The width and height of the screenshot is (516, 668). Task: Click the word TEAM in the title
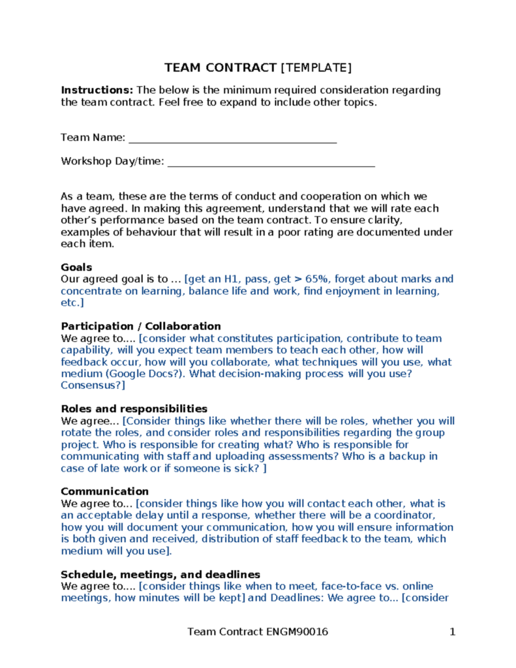[x=182, y=68]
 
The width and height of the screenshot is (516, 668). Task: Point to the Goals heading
[x=76, y=267]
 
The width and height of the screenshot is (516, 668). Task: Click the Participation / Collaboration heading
[x=140, y=326]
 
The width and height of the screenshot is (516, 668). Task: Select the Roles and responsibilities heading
[x=134, y=409]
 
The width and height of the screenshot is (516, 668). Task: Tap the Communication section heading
[x=104, y=491]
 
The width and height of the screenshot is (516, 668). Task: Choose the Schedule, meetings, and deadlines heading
[x=160, y=574]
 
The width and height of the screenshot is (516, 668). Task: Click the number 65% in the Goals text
[x=318, y=279]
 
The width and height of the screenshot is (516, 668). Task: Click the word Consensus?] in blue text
[x=92, y=386]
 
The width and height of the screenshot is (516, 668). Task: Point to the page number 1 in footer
[x=451, y=631]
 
